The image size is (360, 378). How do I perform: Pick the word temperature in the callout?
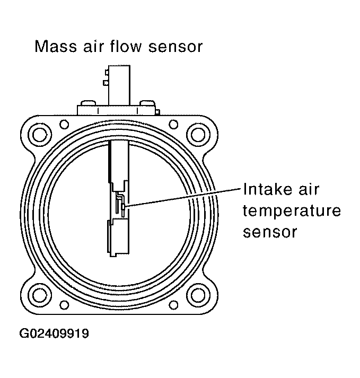tap(291, 211)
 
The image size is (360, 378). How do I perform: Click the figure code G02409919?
tap(55, 334)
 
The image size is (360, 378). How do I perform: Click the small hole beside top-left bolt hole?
tap(64, 124)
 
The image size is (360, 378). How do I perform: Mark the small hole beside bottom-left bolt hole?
tap(64, 305)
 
